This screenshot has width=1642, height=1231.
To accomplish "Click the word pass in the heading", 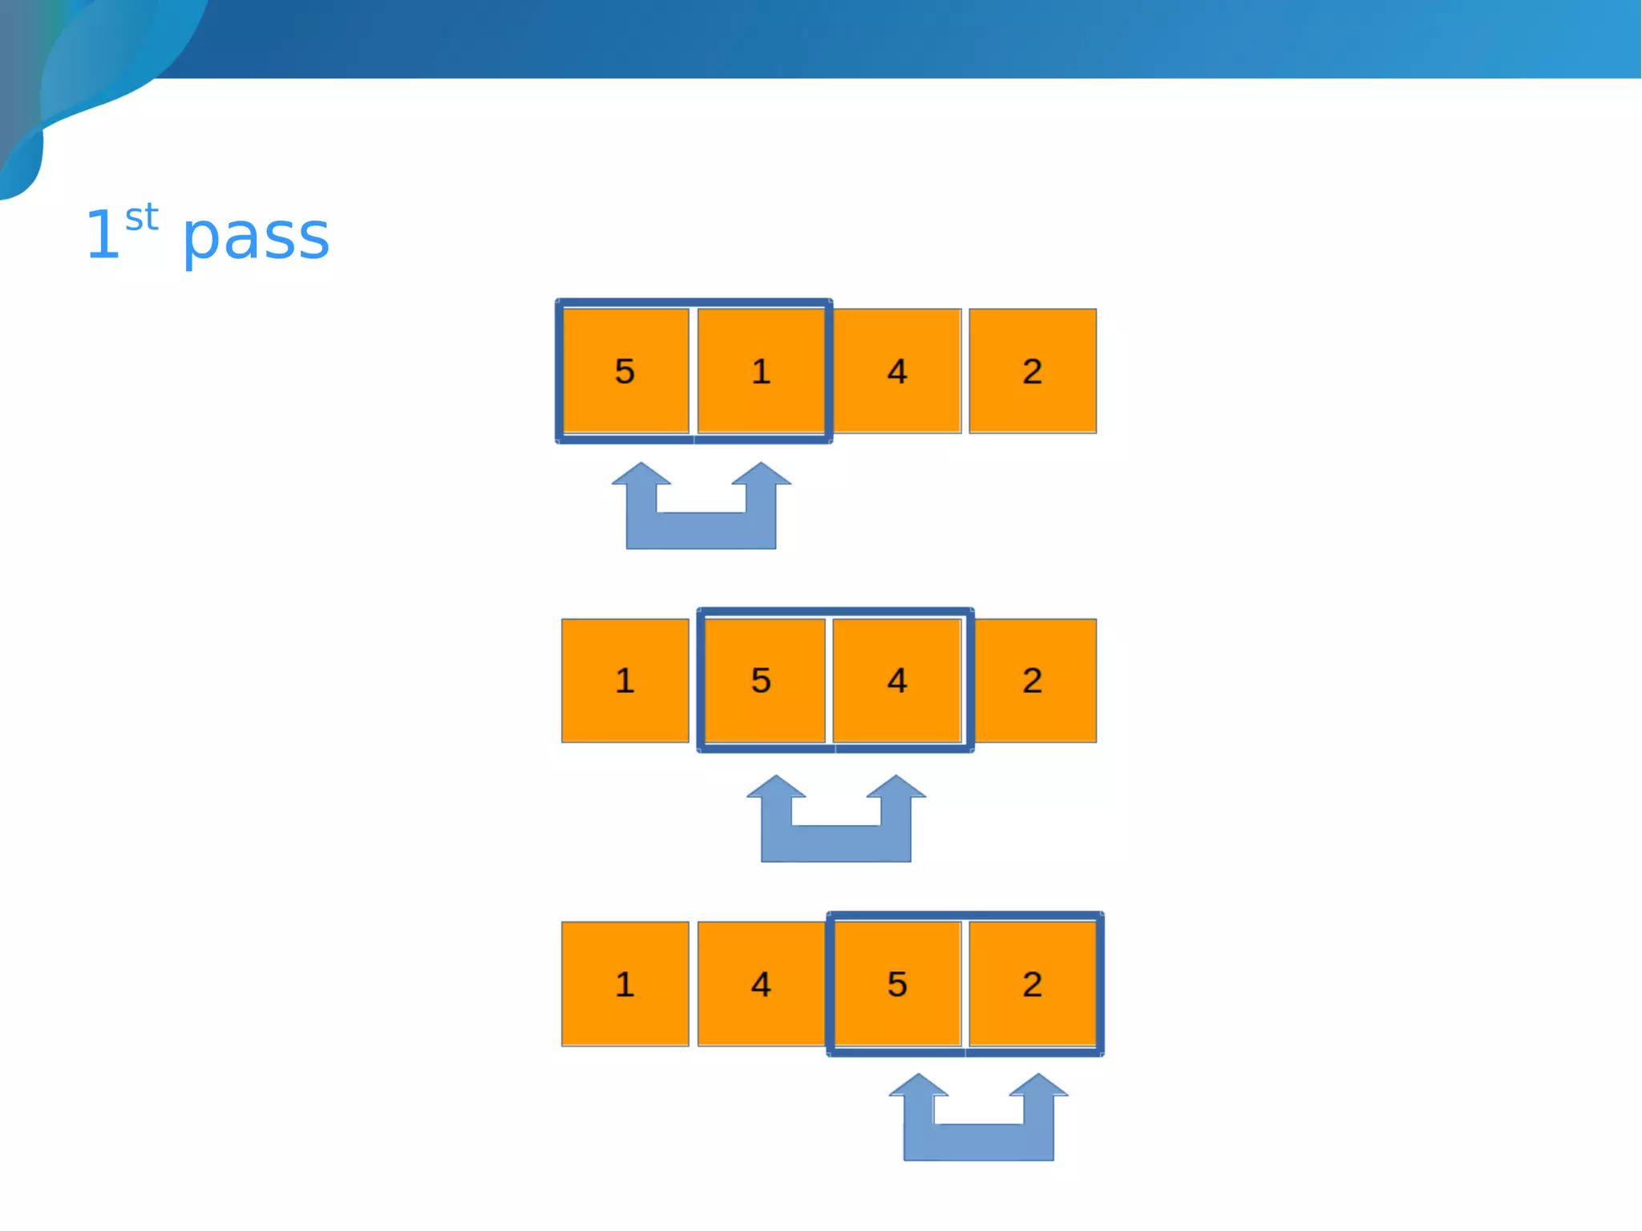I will [x=256, y=238].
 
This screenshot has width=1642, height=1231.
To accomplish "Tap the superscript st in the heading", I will [x=142, y=218].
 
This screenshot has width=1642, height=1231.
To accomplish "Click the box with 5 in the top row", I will [x=625, y=371].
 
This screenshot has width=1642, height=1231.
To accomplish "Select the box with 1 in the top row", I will [x=761, y=371].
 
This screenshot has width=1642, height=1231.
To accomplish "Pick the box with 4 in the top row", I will [x=897, y=371].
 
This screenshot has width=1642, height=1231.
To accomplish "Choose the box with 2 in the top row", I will [x=1033, y=371].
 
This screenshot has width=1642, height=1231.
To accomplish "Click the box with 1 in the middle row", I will [x=625, y=680].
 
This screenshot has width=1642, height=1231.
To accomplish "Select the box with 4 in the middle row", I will [x=897, y=680].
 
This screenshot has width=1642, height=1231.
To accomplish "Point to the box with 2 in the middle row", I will [x=1034, y=680].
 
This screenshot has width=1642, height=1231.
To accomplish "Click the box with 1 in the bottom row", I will [x=625, y=983].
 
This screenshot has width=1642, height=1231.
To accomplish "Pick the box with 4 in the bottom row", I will [x=761, y=983].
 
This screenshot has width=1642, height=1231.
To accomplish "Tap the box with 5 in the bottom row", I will [x=897, y=983].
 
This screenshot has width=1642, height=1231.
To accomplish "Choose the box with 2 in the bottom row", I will [x=1033, y=983].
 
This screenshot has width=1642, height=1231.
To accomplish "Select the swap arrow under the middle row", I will [x=835, y=843].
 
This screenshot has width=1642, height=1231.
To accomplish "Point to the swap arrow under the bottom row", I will [x=978, y=1141].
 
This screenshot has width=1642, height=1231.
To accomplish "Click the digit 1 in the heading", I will [x=103, y=236].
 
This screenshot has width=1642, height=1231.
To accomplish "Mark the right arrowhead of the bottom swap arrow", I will [x=1038, y=1087].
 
